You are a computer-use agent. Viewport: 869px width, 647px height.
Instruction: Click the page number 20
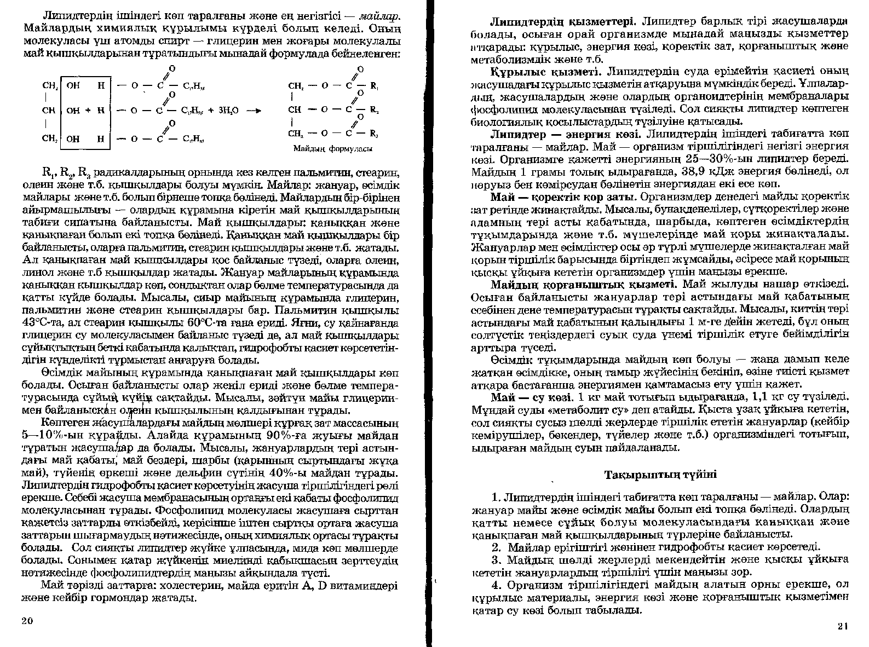tap(27, 620)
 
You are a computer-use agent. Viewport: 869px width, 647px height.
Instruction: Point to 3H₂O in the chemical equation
tap(227, 110)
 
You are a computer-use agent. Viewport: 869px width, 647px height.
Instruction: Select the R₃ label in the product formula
tap(375, 134)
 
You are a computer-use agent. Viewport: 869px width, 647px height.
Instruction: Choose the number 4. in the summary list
tap(497, 585)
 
